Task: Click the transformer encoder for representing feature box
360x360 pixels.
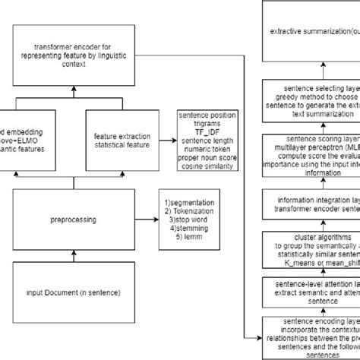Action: click(x=74, y=55)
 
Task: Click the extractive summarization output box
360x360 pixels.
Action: click(x=311, y=31)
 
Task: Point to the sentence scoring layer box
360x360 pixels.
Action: click(x=311, y=159)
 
